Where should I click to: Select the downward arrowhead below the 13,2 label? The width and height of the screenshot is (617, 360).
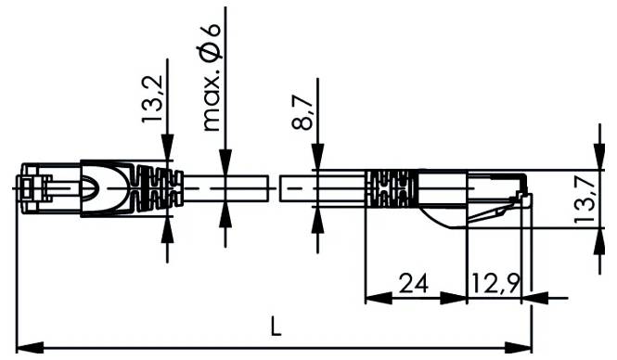[167, 148]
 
